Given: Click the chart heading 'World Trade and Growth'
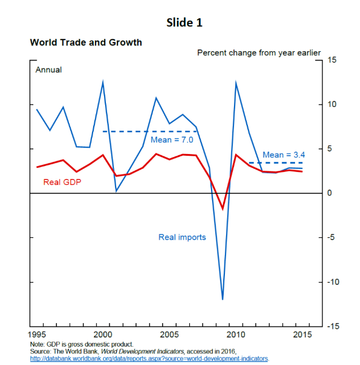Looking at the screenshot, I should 86,43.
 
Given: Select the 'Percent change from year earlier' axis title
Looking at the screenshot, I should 259,52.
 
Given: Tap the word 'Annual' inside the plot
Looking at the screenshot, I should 48,70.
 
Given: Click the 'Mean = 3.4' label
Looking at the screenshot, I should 284,155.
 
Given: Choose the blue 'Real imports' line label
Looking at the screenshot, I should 182,237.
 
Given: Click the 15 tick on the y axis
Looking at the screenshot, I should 332,60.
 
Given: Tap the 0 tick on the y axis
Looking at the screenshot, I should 331,193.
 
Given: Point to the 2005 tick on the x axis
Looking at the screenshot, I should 168,334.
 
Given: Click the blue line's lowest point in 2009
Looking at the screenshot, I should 223,299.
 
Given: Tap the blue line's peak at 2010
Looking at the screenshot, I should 236,83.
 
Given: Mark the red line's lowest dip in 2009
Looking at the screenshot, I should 223,209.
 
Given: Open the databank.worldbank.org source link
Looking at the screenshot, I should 149,358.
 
